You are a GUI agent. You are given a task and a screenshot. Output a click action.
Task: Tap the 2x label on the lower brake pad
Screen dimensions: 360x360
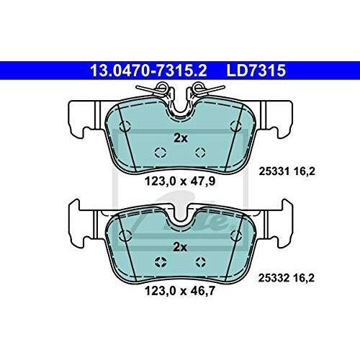click(181, 247)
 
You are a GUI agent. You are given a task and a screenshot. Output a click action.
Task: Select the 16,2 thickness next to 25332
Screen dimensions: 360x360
click(306, 276)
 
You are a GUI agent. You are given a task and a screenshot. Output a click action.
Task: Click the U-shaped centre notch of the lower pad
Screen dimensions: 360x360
click(180, 216)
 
